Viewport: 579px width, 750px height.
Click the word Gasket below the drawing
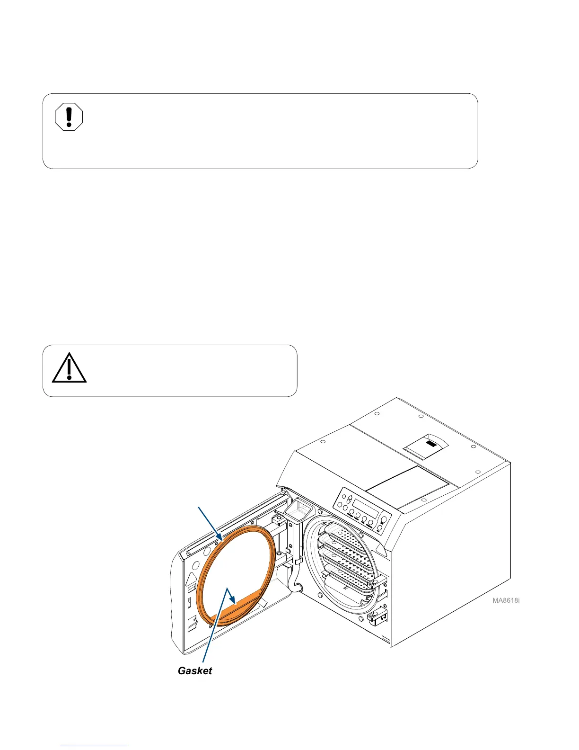coord(194,670)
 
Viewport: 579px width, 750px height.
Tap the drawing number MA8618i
coord(506,601)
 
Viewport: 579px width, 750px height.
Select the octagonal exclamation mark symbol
coord(69,117)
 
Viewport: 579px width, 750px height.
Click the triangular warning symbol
coord(69,368)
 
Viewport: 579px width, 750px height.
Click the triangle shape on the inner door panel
coord(193,579)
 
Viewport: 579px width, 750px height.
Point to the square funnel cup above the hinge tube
coord(298,512)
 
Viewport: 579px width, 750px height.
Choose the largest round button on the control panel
coord(383,519)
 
